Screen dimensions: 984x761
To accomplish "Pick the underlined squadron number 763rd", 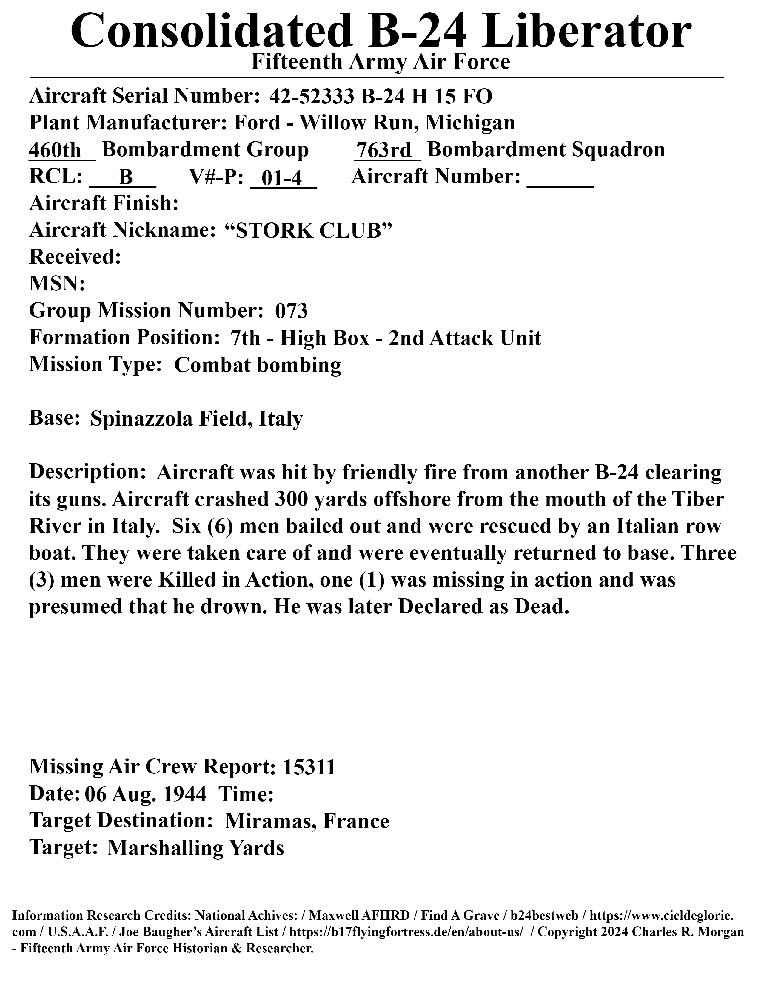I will (386, 150).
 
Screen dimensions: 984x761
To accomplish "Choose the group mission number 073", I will (291, 311).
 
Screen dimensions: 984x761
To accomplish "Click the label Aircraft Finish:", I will (104, 204).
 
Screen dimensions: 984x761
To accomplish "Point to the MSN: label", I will (57, 284).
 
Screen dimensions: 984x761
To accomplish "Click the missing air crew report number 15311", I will (309, 767).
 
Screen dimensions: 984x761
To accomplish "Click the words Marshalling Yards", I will (196, 848).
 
